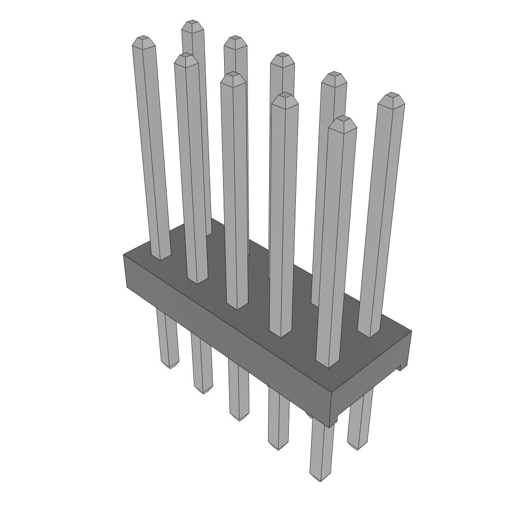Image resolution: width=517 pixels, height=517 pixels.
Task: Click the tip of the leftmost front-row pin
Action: point(143,39)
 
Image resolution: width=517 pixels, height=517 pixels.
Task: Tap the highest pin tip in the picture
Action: point(192,24)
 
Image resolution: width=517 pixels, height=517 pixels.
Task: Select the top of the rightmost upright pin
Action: point(392,96)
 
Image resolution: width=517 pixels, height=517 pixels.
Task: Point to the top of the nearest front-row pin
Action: point(342,120)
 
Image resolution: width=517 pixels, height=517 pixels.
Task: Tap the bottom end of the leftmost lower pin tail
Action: point(170,365)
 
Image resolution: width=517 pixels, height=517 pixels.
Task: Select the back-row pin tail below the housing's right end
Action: point(359,419)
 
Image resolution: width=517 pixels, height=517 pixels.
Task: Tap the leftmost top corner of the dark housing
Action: point(124,255)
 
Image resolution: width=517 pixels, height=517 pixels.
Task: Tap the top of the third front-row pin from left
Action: point(233,76)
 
